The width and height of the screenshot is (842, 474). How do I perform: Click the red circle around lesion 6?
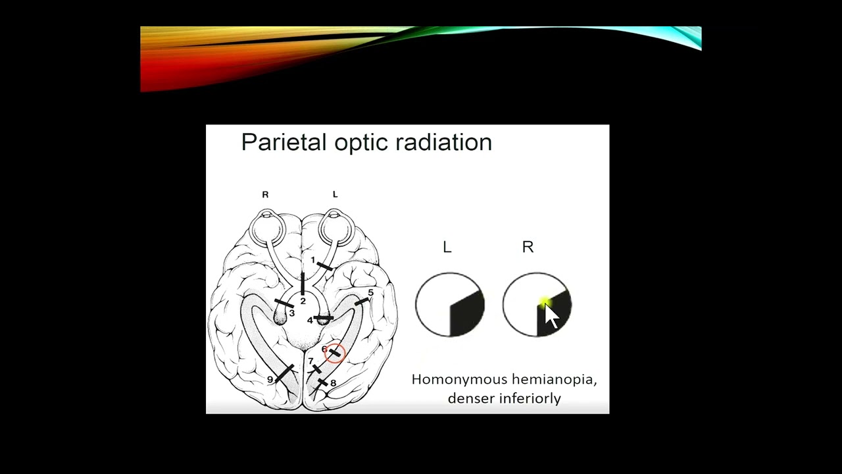tap(335, 353)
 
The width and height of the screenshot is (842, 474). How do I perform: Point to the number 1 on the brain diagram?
tap(313, 260)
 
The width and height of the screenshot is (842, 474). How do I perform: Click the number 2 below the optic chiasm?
tap(303, 301)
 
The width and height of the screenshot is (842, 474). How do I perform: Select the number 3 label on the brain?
tap(291, 313)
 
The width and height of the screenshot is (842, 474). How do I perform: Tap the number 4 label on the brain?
tap(310, 321)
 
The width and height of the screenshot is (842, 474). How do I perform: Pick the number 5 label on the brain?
tap(370, 292)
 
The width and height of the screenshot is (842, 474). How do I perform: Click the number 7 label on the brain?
tap(311, 361)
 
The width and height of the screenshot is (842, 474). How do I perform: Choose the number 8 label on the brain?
tap(333, 383)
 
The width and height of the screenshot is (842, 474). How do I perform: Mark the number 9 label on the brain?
tap(270, 380)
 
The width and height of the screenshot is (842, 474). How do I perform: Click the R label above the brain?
tap(265, 194)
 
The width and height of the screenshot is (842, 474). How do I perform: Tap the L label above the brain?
tap(335, 194)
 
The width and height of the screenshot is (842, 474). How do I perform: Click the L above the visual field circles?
tap(447, 248)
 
